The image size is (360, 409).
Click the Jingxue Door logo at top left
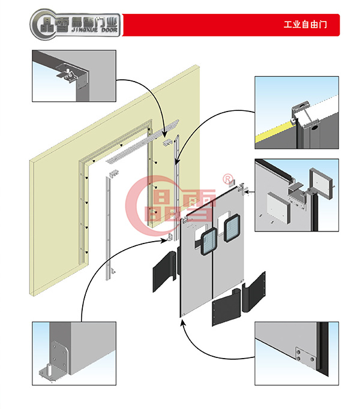pyautogui.click(x=74, y=25)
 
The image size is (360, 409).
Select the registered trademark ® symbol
pyautogui.click(x=227, y=178)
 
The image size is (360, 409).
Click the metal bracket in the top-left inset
pyautogui.click(x=69, y=74)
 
